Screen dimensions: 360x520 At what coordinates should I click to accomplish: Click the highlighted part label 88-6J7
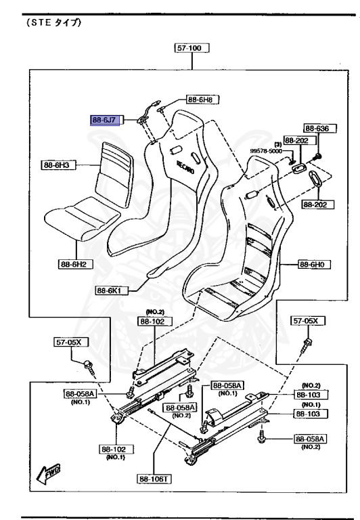coord(105,120)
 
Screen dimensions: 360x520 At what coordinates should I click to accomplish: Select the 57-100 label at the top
coord(192,48)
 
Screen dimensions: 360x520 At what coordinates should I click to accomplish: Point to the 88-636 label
coord(320,129)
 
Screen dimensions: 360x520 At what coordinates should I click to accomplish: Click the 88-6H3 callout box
coord(58,165)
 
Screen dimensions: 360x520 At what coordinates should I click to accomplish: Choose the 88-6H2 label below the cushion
coord(76,264)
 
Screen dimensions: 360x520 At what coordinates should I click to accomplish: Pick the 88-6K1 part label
coord(112,290)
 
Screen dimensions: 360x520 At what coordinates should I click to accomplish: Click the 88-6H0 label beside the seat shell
coord(314,264)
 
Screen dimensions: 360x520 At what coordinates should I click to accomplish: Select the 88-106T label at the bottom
coord(154,479)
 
